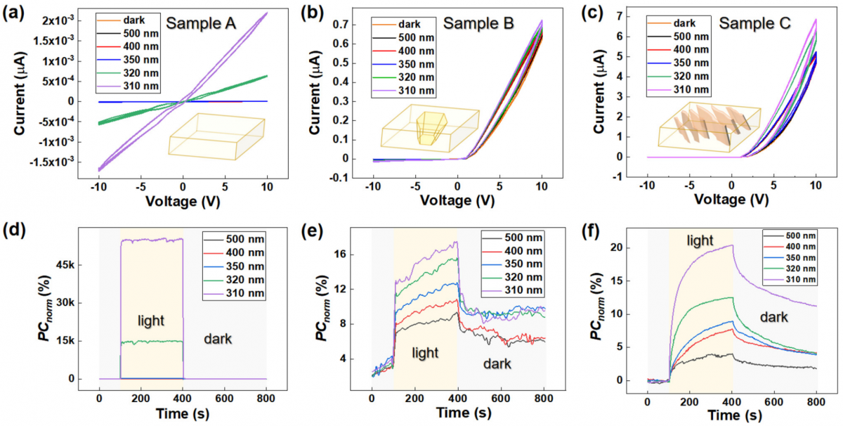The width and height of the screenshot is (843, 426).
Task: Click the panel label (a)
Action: click(15, 12)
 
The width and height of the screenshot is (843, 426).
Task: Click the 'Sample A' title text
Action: click(203, 25)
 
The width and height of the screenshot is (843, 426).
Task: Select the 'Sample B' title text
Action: click(478, 25)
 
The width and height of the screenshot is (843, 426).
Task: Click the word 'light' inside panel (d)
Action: click(150, 321)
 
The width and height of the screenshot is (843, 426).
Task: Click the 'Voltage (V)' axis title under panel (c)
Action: click(731, 199)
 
